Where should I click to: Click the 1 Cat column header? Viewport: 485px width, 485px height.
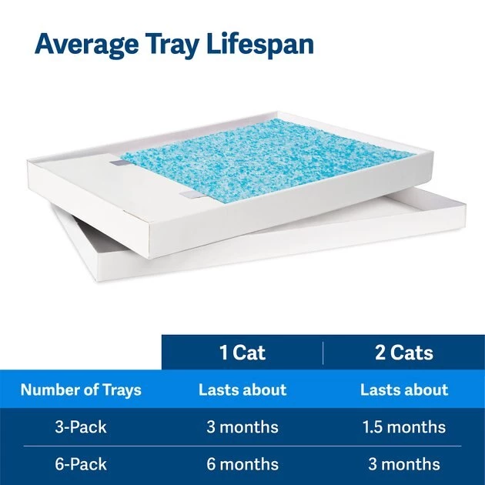pos(242,353)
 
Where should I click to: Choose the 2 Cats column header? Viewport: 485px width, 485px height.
pos(403,353)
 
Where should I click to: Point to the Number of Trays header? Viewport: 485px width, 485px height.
pos(81,390)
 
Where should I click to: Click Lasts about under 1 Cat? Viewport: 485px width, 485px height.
pos(242,390)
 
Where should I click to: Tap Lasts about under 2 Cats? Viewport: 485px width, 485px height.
pos(403,390)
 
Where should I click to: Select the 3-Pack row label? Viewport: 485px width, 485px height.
pos(81,426)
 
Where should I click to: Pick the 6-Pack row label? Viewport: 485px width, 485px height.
pos(81,464)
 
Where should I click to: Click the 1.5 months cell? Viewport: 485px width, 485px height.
pos(403,426)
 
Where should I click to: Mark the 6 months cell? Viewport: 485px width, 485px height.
pos(242,464)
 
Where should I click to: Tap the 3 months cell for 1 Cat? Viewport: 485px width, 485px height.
pos(242,426)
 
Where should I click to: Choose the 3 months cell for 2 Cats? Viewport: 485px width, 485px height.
pos(403,464)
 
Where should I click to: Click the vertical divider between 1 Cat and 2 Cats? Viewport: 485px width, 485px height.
pos(323,353)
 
